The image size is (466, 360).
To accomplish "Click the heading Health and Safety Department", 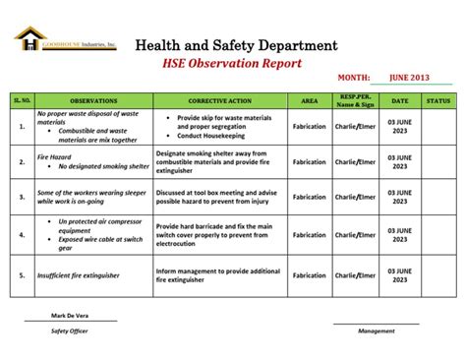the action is (x=236, y=44).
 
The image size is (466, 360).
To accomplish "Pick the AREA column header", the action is (x=309, y=100).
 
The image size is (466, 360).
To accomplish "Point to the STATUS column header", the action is (x=437, y=100).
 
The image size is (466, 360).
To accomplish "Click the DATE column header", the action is (x=400, y=100).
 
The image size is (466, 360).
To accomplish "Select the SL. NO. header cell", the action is (x=22, y=100).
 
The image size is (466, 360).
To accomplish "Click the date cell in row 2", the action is (x=400, y=161).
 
